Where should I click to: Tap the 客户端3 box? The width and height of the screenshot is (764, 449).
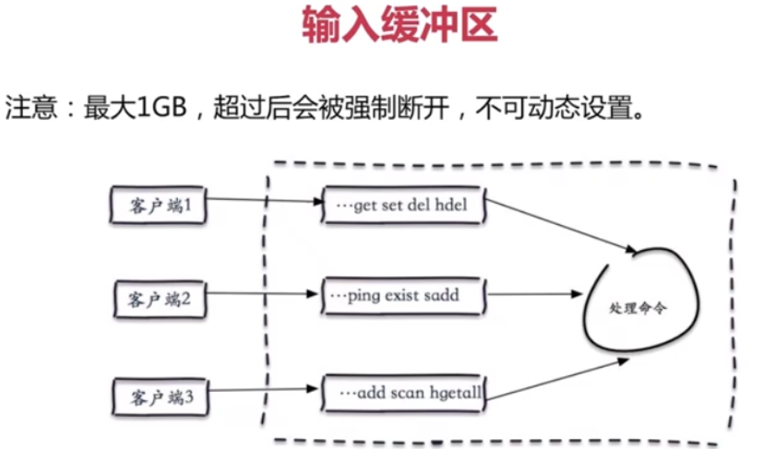click(x=159, y=395)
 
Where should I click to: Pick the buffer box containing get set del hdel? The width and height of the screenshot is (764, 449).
click(x=404, y=206)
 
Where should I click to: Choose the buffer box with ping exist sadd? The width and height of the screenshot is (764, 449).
click(x=404, y=296)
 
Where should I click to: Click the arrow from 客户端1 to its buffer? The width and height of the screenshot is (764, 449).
click(x=264, y=201)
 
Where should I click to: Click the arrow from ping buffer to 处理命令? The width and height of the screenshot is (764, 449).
click(x=533, y=295)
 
